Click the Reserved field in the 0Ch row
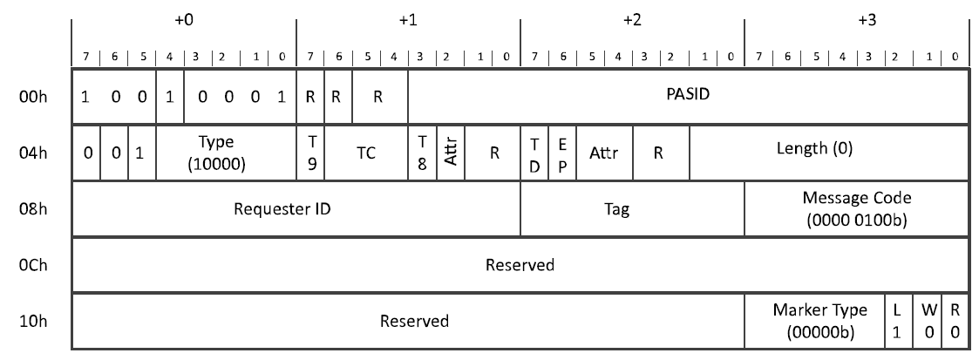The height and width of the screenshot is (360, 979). [520, 264]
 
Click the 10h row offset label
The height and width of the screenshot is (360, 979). [30, 321]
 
